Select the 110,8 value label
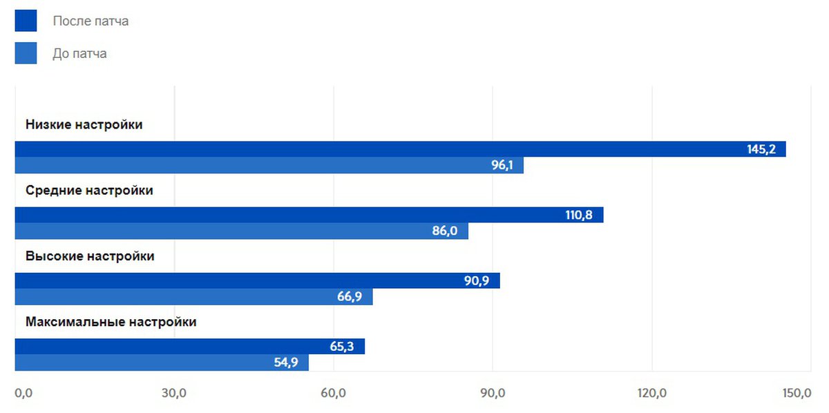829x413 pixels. (579, 215)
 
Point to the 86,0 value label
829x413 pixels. (445, 231)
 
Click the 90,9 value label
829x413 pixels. (477, 280)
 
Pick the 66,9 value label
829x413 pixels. (350, 297)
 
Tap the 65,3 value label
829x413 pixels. (342, 346)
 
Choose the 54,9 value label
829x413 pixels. (286, 363)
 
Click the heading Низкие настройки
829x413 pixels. (84, 125)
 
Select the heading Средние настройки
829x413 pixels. (89, 191)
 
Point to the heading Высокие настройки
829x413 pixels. (90, 256)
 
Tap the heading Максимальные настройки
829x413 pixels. (111, 322)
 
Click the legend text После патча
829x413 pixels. (90, 21)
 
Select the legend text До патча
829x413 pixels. (79, 54)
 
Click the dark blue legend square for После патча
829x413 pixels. (26, 21)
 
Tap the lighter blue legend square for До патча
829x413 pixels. (26, 53)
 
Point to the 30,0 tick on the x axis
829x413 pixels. (174, 394)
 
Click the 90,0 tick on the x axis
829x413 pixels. (493, 394)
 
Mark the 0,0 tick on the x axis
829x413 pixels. (23, 394)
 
